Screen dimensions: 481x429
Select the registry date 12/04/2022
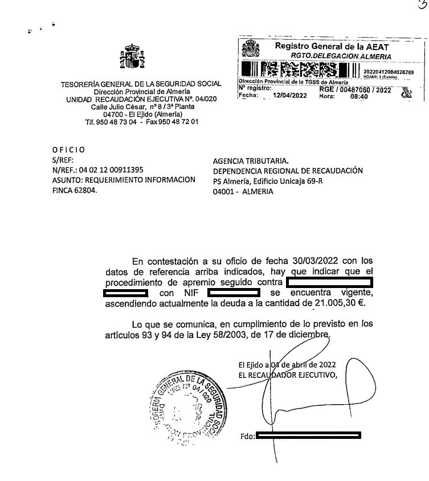[x=290, y=96]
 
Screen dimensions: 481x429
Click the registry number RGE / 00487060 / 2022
[x=356, y=89]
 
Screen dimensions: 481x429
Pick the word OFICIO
[x=68, y=150]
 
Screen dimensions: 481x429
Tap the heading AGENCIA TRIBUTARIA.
[x=251, y=161]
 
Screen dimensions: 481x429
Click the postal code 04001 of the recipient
[x=224, y=192]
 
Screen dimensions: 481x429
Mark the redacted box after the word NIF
[x=234, y=293]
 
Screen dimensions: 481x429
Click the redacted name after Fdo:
[x=308, y=436]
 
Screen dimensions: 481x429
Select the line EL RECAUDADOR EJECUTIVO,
[x=288, y=374]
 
